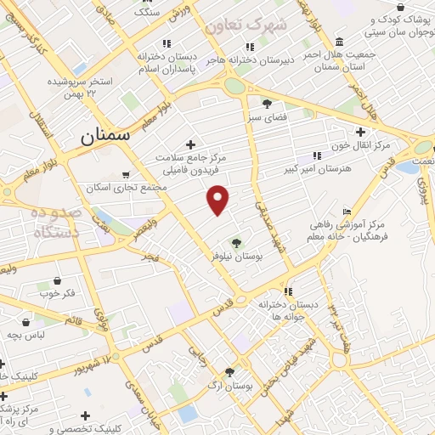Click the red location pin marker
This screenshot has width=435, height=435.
(218, 199)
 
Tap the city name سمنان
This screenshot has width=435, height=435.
(108, 135)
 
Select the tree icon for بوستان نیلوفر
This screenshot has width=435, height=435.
(236, 243)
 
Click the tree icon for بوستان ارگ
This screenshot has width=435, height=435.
(229, 371)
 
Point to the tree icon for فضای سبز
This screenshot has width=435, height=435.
(267, 105)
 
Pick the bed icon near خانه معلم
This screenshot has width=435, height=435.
(346, 212)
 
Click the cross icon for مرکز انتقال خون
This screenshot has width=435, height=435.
(361, 132)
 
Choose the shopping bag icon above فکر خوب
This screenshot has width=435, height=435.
(57, 280)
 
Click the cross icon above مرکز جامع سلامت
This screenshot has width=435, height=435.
(189, 144)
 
